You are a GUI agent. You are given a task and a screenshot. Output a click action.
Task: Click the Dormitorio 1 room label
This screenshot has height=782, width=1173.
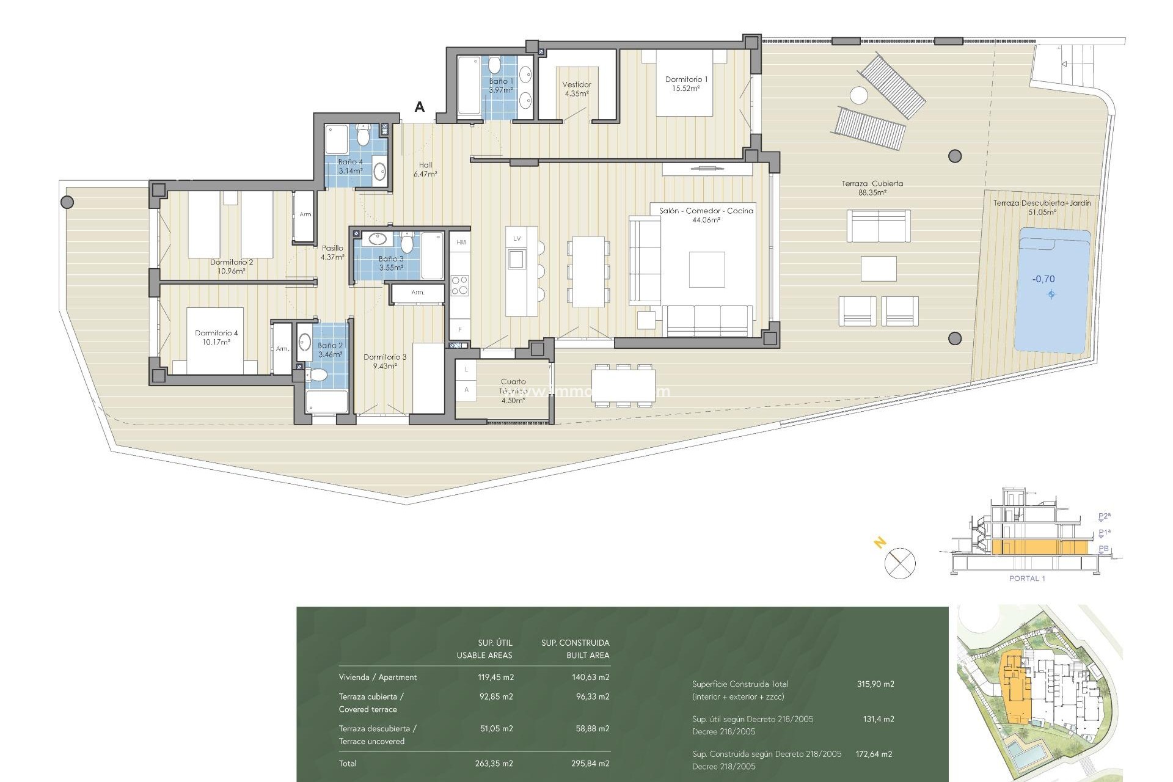pyautogui.click(x=686, y=84)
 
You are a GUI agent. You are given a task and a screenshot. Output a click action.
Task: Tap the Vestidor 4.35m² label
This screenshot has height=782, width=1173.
pyautogui.click(x=577, y=89)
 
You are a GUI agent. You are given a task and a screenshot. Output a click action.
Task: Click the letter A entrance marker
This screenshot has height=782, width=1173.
pyautogui.click(x=420, y=108)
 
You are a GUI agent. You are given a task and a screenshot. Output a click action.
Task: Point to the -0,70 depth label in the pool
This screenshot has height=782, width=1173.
pyautogui.click(x=1043, y=279)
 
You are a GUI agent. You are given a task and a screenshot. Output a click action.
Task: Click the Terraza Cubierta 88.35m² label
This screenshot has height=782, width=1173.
pyautogui.click(x=872, y=188)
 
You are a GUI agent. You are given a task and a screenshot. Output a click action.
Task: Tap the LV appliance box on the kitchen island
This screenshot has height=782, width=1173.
pyautogui.click(x=517, y=239)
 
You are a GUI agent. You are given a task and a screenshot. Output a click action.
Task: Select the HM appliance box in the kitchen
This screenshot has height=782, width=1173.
pyautogui.click(x=461, y=243)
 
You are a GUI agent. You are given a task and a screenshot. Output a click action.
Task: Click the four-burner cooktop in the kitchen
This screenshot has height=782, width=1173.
pyautogui.click(x=459, y=285)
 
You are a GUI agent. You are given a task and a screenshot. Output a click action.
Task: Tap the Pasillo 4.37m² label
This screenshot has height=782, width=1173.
pyautogui.click(x=332, y=252)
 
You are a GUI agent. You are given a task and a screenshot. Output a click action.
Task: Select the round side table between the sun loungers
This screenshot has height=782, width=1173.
pyautogui.click(x=858, y=96)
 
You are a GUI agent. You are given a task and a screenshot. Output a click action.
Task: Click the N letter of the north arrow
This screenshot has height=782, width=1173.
pyautogui.click(x=880, y=542)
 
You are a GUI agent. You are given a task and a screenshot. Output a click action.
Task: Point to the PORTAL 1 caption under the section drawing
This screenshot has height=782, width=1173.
pyautogui.click(x=1027, y=579)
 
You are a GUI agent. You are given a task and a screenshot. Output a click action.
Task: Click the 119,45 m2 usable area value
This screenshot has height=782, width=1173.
pyautogui.click(x=495, y=677)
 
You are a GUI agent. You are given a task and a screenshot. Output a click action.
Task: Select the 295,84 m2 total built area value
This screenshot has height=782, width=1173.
pyautogui.click(x=592, y=763)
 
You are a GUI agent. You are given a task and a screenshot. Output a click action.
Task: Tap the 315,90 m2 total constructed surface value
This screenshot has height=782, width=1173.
pyautogui.click(x=875, y=684)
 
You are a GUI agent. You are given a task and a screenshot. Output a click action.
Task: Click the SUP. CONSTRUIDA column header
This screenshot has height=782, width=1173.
pyautogui.click(x=575, y=643)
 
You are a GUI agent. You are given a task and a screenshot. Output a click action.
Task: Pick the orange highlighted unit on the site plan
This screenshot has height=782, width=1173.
pyautogui.click(x=1016, y=693)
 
